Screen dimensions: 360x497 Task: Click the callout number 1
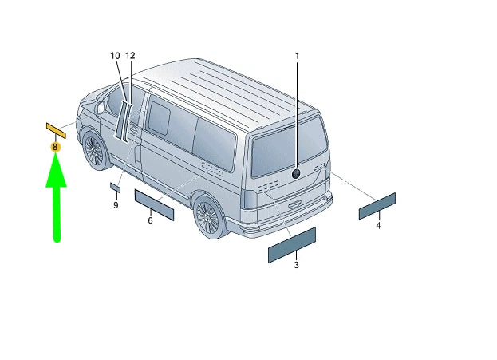[297, 56]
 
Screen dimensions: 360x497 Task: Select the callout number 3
[296, 264]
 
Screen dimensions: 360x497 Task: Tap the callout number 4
[378, 226]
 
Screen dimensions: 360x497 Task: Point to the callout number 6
[150, 220]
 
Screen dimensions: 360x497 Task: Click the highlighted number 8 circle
[55, 147]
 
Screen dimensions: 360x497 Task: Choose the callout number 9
[116, 205]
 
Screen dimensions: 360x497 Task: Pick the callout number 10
[116, 56]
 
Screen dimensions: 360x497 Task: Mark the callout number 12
[131, 56]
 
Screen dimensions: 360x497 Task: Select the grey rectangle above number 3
[291, 244]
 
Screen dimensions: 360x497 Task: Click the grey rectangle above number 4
[377, 206]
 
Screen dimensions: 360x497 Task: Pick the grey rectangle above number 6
[153, 204]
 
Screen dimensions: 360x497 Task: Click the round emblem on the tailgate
[296, 173]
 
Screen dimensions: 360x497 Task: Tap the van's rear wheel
[208, 216]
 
